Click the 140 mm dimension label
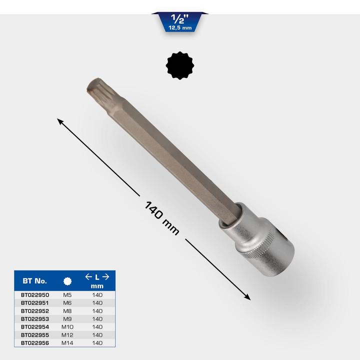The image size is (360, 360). pos(161,218)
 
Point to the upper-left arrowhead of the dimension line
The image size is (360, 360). pos(59,120)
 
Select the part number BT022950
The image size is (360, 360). pos(35,295)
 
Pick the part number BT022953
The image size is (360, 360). pos(35,319)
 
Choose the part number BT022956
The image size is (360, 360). pos(35,343)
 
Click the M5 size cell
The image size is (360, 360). pos(67,295)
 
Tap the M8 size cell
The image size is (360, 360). pos(67,311)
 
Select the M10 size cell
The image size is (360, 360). pos(67,327)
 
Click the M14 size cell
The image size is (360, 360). pos(67,343)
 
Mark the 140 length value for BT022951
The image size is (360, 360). pos(97,303)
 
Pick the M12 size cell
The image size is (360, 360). pos(67,335)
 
